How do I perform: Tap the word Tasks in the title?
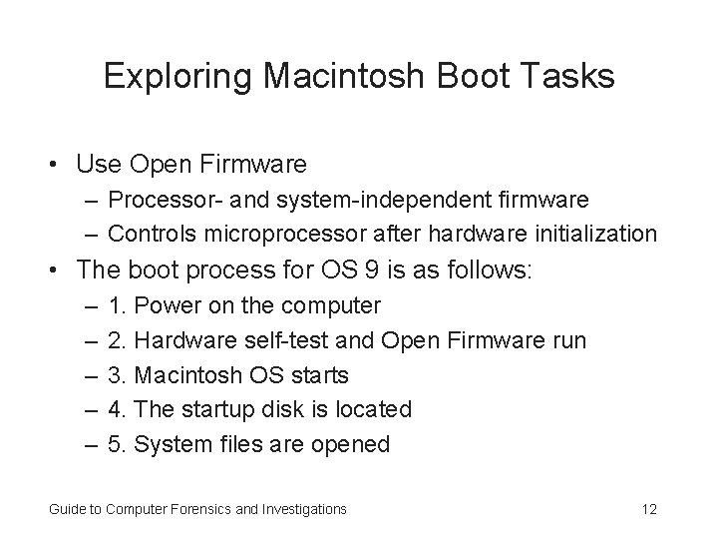(575, 77)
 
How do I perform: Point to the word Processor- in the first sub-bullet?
(156, 200)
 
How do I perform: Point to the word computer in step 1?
(333, 305)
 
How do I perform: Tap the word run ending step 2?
(566, 340)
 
